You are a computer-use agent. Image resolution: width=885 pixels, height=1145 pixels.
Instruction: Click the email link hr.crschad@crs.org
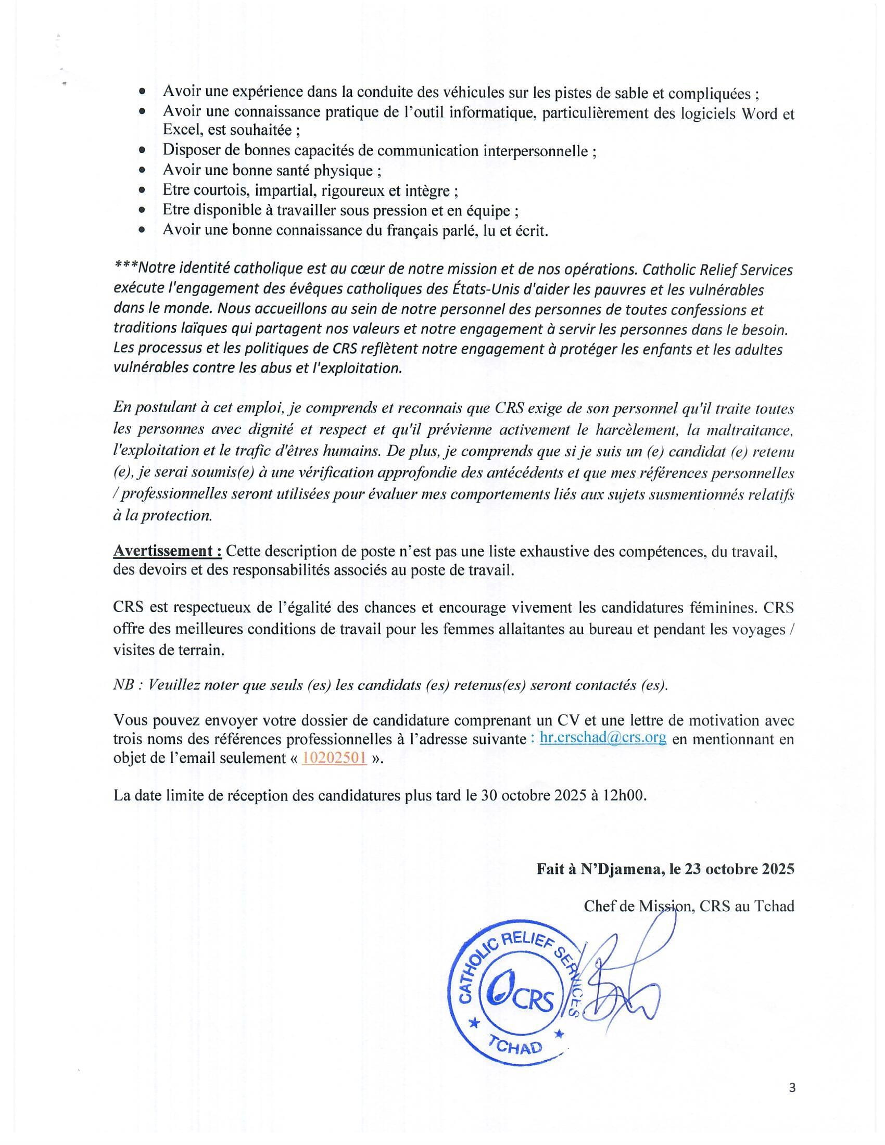[x=603, y=738]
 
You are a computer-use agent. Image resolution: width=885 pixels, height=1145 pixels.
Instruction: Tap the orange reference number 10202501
[x=334, y=758]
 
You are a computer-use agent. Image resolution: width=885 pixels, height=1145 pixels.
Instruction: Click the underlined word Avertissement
[x=167, y=551]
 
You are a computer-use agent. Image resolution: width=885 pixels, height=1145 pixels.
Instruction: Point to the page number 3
[x=792, y=1088]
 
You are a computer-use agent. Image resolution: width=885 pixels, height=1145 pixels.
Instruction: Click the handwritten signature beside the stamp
[x=624, y=991]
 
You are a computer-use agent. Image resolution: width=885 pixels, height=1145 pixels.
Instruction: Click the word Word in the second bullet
[x=758, y=113]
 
